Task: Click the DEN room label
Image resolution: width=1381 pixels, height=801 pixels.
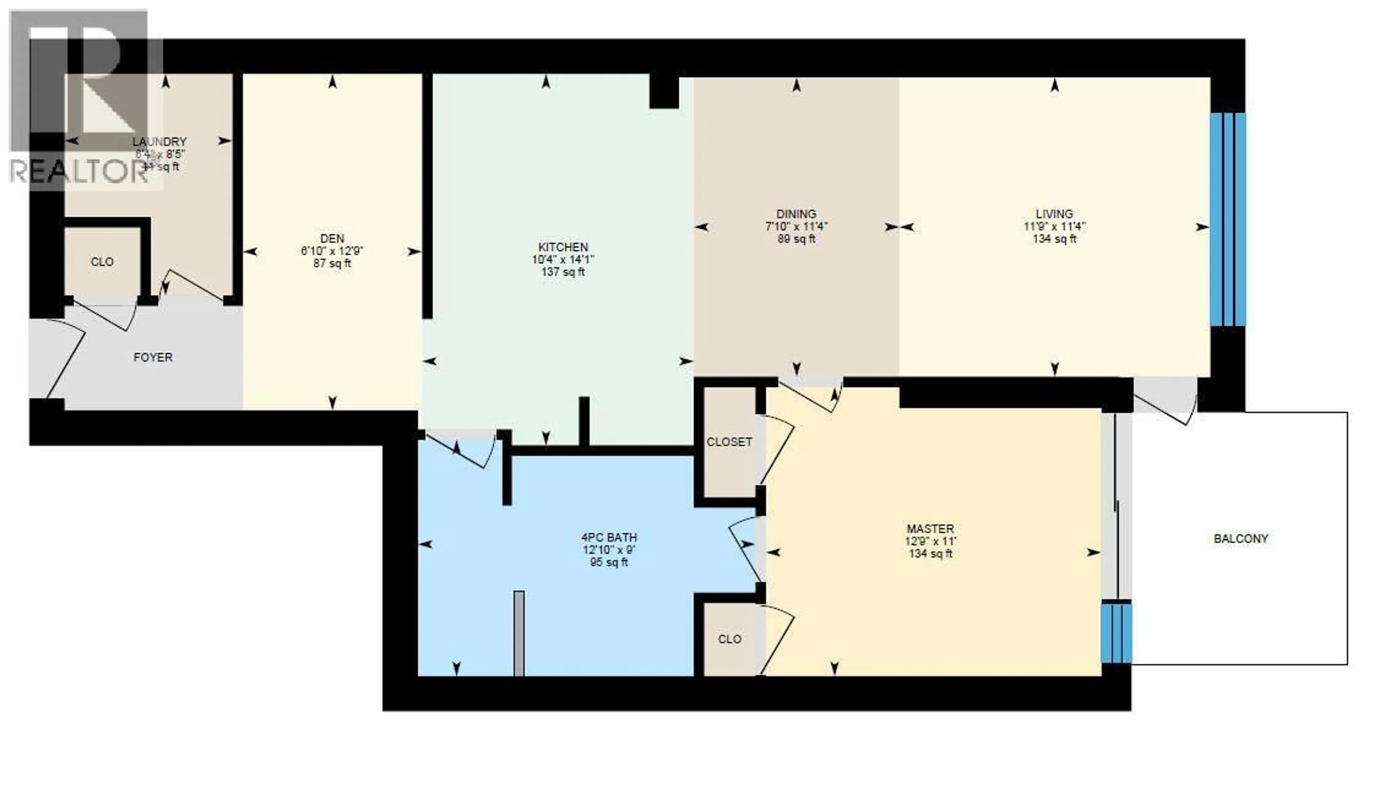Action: tap(332, 239)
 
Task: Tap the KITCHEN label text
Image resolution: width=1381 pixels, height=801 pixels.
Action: tap(563, 247)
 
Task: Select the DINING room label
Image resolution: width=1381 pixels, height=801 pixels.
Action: tap(796, 214)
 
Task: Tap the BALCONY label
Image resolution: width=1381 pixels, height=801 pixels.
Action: tap(1241, 539)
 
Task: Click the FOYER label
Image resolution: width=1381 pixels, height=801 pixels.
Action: tap(153, 357)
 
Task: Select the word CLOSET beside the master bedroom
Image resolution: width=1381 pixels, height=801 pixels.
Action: tap(729, 441)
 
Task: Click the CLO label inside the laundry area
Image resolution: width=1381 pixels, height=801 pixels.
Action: tap(102, 262)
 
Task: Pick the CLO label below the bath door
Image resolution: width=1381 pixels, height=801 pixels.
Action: tap(729, 639)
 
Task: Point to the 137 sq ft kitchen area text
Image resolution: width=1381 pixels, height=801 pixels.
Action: tap(563, 272)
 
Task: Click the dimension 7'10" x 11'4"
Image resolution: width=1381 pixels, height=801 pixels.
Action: tap(796, 226)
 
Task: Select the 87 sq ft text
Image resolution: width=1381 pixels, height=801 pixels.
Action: tap(332, 264)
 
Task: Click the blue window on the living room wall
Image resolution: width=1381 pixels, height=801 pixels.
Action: tap(1227, 219)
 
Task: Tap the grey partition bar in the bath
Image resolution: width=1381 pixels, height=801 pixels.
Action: tap(519, 633)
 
